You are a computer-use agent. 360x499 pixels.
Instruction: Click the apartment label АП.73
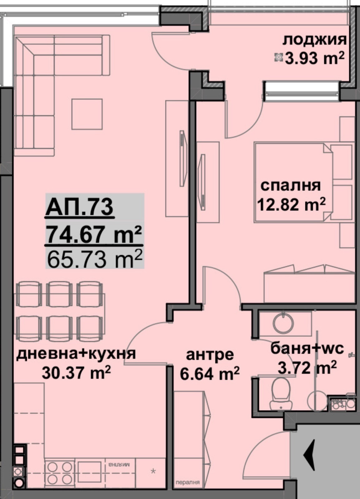point(79,207)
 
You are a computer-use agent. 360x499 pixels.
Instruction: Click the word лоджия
point(314,40)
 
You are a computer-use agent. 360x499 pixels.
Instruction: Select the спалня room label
point(290,186)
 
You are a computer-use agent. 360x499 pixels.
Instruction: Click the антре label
point(210,355)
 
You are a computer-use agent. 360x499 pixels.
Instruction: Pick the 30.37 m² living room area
point(76,372)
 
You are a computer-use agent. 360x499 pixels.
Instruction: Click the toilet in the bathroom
point(281,394)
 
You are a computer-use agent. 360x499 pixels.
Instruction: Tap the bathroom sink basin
point(283,323)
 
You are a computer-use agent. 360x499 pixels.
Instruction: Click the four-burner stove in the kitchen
point(59,473)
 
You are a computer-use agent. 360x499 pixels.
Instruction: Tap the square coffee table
point(87,114)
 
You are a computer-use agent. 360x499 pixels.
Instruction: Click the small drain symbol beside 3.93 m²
point(278,57)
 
